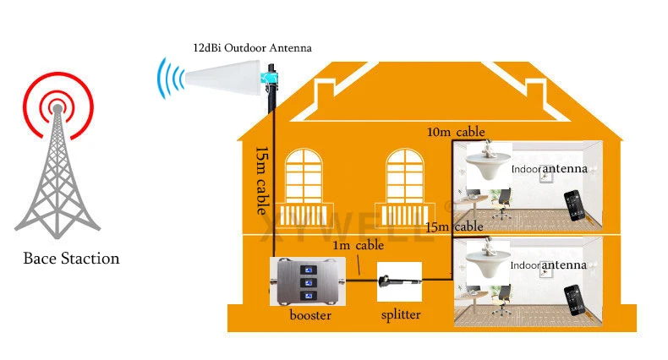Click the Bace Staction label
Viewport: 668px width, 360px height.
coord(71,259)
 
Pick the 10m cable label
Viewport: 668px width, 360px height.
coord(457,132)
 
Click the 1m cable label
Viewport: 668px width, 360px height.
coord(358,246)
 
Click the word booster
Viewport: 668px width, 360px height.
coord(309,316)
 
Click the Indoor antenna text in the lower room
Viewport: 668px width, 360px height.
coord(549,265)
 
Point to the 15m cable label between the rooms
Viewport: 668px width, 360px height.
coord(455,226)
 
